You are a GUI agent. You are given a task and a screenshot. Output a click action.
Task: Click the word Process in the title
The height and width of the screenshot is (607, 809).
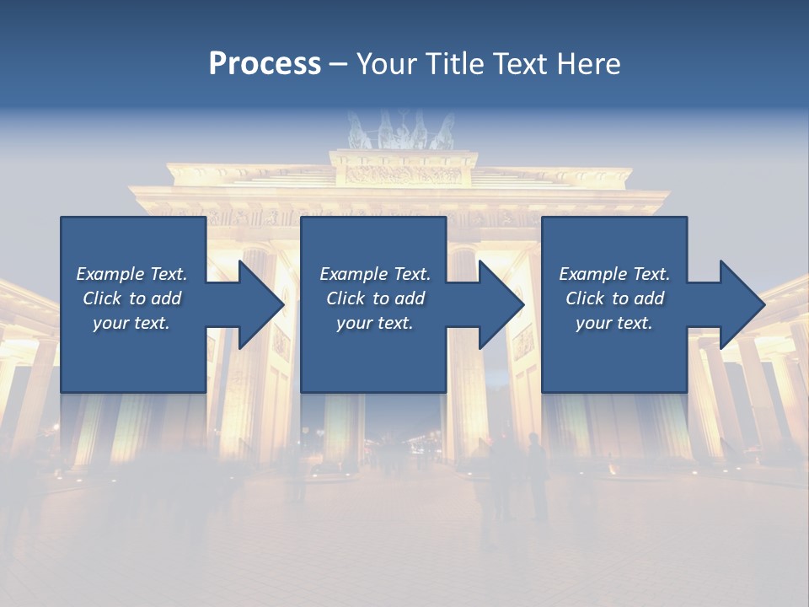click(265, 64)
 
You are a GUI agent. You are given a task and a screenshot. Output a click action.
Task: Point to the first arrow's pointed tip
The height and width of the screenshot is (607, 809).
click(283, 304)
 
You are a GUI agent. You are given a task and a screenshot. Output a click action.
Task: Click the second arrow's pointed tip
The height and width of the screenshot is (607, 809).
click(523, 304)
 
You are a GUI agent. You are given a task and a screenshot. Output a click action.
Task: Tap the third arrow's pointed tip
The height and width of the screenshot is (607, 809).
click(764, 304)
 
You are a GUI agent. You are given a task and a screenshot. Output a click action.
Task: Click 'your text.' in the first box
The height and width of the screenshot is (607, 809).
click(131, 323)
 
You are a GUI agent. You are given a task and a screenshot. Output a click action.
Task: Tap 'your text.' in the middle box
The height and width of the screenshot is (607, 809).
click(374, 323)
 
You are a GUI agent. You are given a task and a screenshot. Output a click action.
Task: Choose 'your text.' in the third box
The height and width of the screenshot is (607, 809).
click(614, 323)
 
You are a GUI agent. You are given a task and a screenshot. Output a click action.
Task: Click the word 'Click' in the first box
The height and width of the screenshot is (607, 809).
click(102, 298)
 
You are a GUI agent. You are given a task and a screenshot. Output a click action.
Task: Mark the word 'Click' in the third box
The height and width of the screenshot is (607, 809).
click(585, 298)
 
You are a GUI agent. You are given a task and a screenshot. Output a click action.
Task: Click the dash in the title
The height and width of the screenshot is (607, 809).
click(339, 64)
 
